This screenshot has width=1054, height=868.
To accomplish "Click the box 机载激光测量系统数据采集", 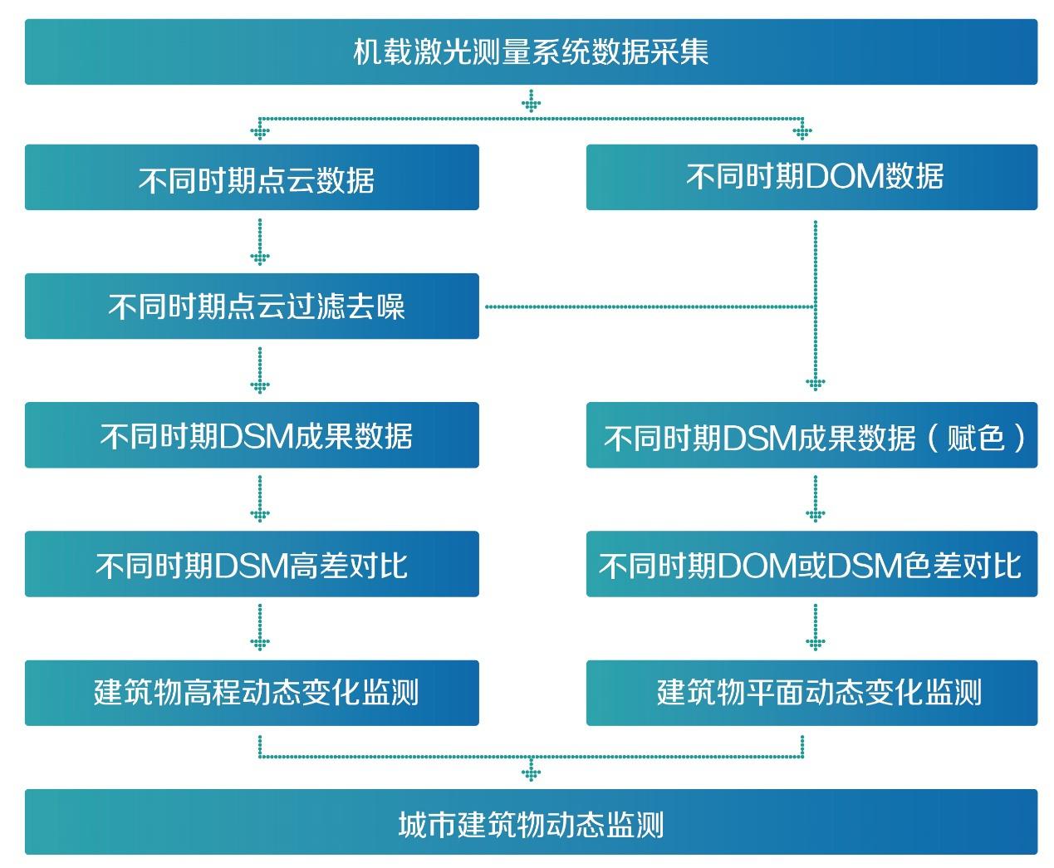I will [531, 51].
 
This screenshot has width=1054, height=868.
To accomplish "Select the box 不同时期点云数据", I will [252, 178].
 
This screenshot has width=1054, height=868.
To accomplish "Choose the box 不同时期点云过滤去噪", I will [252, 306].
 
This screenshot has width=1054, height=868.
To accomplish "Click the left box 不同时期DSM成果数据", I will [252, 435].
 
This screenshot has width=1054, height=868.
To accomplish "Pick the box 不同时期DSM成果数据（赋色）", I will [811, 436].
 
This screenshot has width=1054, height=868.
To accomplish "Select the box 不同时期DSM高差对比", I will [252, 564].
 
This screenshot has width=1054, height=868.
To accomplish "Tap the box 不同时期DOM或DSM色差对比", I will [811, 564].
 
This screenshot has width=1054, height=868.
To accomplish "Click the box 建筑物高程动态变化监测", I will [252, 693].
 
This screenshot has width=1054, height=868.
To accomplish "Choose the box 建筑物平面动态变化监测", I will [811, 693].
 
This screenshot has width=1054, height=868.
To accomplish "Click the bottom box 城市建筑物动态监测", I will [531, 822].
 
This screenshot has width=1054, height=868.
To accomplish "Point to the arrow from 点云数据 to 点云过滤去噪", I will [260, 242].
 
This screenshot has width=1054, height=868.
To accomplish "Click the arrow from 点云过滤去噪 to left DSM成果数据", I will [260, 370].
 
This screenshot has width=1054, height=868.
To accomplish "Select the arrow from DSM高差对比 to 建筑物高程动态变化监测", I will [260, 628].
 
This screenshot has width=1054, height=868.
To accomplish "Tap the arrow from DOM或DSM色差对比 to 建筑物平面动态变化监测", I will [815, 628].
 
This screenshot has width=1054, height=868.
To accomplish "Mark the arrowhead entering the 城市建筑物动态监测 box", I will [531, 774].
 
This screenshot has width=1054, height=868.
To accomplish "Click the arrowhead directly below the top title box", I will [531, 104].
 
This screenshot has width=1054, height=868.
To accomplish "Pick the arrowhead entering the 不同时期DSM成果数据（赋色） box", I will [815, 384].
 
